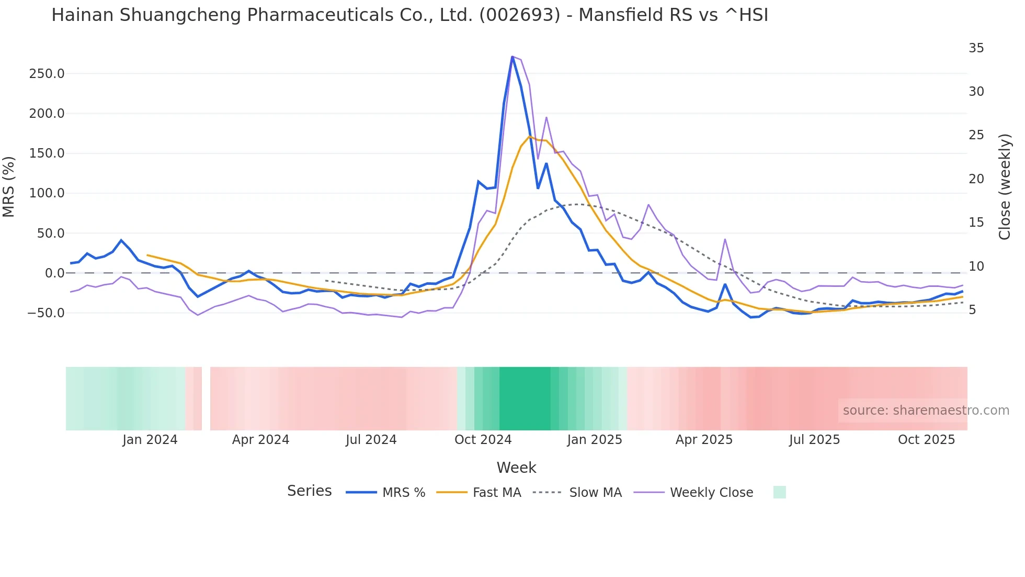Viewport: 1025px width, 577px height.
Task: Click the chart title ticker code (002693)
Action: tap(519, 15)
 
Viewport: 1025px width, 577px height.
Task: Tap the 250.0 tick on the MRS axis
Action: tap(47, 74)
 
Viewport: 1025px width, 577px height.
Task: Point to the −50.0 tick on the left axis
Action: tap(47, 313)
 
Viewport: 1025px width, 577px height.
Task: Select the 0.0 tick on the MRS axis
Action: tap(54, 273)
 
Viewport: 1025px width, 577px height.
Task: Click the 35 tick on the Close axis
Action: tap(976, 48)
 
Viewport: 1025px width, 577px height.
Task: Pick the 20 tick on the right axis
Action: tap(976, 179)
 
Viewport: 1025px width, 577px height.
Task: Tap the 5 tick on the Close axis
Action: tap(972, 310)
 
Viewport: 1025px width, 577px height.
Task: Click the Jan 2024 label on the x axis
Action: tap(150, 440)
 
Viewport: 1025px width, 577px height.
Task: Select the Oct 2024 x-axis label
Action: tap(483, 440)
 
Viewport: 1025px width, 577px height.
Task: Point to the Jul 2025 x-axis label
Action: tap(814, 440)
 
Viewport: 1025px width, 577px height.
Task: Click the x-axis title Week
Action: tap(516, 468)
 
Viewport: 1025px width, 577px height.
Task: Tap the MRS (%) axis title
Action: tap(9, 187)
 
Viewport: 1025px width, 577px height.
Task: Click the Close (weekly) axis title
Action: tap(1004, 187)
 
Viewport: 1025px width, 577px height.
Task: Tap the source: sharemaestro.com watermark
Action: tap(926, 410)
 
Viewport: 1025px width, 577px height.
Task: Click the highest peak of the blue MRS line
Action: tap(512, 57)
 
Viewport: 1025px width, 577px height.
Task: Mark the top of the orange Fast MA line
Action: tap(529, 137)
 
